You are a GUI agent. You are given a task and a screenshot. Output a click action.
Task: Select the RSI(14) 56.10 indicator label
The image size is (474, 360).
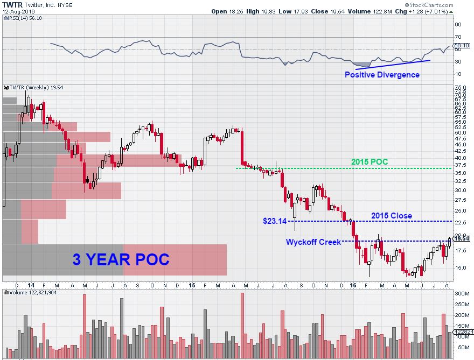(x=25, y=17)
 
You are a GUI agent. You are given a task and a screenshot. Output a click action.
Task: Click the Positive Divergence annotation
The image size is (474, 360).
(x=382, y=75)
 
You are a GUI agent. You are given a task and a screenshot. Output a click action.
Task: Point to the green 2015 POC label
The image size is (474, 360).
(x=369, y=161)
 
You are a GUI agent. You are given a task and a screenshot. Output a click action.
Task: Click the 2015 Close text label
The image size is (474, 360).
(x=391, y=216)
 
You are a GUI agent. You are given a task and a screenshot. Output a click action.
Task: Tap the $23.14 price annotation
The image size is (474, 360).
(x=274, y=221)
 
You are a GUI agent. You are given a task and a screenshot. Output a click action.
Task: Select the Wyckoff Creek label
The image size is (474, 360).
(x=313, y=242)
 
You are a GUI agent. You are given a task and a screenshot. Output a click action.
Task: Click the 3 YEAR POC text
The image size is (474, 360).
(x=121, y=260)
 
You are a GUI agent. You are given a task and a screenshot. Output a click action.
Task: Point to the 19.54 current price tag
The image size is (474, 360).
(x=461, y=238)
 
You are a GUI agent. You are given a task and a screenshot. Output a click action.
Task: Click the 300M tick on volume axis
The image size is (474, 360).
(x=462, y=294)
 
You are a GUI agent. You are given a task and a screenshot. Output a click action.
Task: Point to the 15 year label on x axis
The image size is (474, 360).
(x=192, y=285)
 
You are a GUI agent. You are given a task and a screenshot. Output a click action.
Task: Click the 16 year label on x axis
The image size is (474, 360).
(x=353, y=285)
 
